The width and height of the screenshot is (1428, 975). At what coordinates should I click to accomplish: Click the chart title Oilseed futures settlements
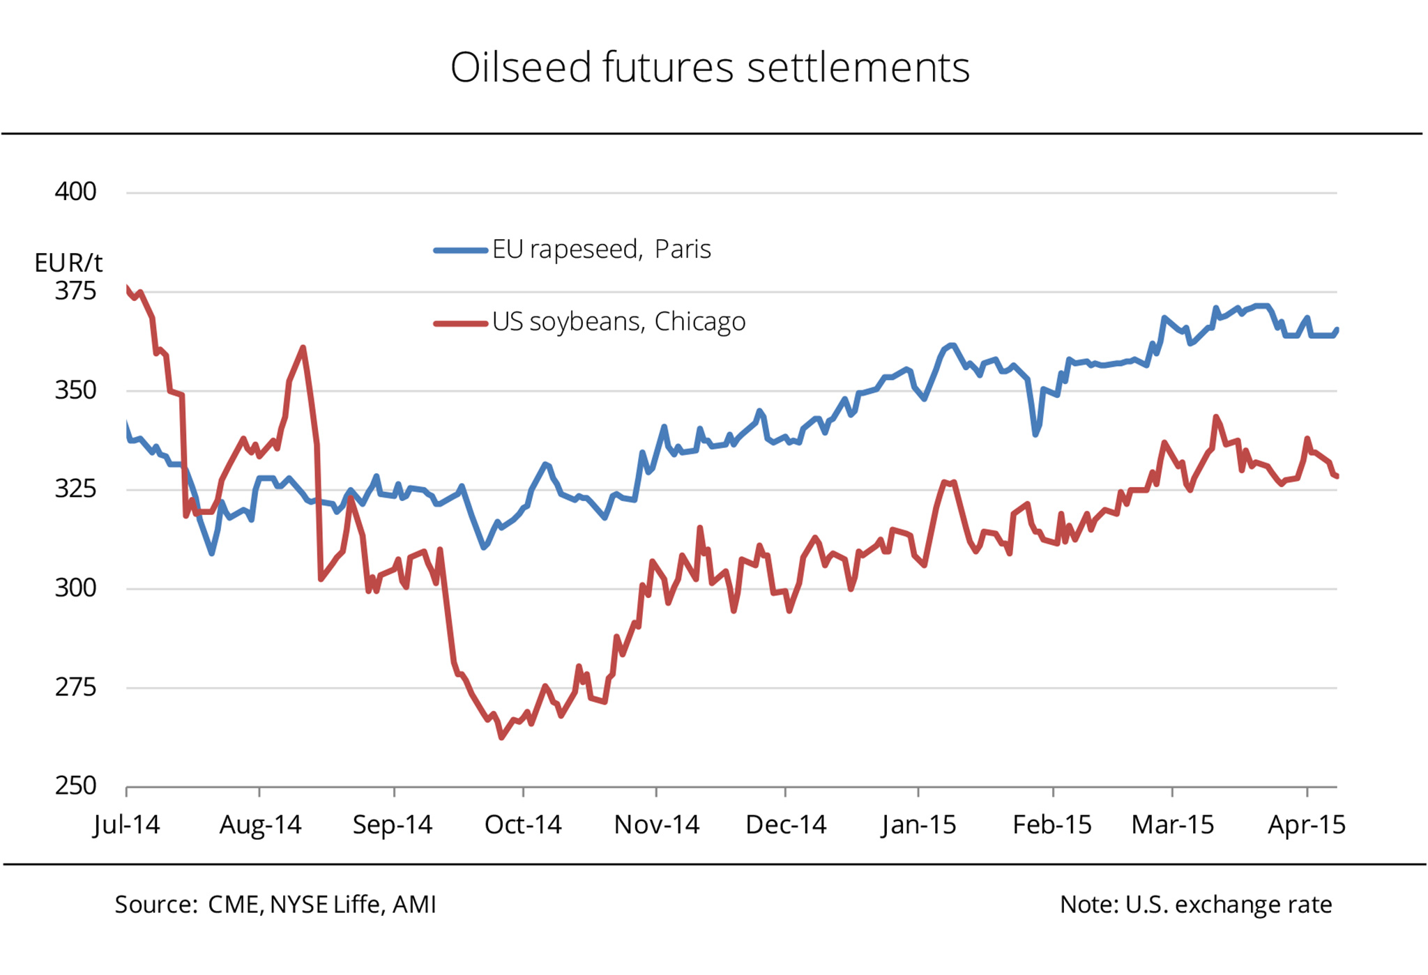point(710,68)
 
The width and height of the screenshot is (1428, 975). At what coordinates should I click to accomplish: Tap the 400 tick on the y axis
point(75,192)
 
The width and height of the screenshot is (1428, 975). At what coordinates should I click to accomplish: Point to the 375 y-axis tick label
point(75,291)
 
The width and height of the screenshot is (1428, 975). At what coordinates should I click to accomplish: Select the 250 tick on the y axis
point(75,785)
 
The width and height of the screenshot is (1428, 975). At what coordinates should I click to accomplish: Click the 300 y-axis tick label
point(75,588)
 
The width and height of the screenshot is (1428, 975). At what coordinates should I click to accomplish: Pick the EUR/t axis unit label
point(68,263)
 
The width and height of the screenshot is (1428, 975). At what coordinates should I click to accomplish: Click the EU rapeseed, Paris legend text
point(601,249)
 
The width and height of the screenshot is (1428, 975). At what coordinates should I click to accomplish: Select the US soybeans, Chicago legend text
point(618,321)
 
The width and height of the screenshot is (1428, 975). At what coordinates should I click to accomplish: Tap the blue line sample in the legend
point(460,250)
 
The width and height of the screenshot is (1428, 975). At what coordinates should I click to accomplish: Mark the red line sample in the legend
point(460,323)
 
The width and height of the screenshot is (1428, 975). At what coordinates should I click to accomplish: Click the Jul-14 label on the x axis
point(126,824)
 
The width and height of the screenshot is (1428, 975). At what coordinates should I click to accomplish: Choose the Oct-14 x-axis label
point(523,824)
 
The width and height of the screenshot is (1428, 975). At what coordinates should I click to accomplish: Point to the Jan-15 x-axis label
point(918,824)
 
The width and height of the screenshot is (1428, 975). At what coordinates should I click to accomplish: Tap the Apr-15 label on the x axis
point(1307,824)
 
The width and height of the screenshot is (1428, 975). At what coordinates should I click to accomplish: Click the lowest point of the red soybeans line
point(501,737)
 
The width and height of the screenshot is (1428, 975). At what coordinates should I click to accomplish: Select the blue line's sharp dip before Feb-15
point(1035,434)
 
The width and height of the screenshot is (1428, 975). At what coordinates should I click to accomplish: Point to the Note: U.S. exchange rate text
point(1196,905)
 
